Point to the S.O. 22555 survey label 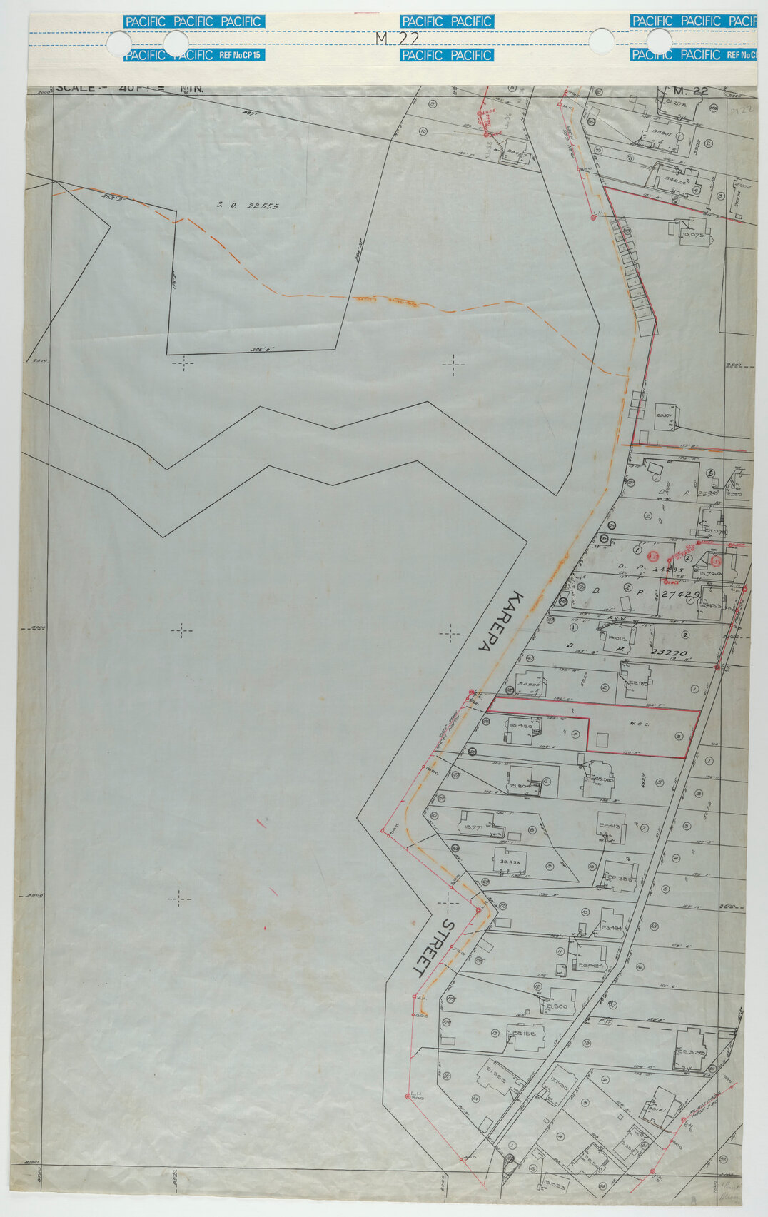248,206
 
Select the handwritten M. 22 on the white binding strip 397,39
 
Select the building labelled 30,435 510,862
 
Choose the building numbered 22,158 525,1036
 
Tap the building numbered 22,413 609,827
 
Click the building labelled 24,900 528,685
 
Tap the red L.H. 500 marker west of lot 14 415,1096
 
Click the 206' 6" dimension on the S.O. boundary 263,350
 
